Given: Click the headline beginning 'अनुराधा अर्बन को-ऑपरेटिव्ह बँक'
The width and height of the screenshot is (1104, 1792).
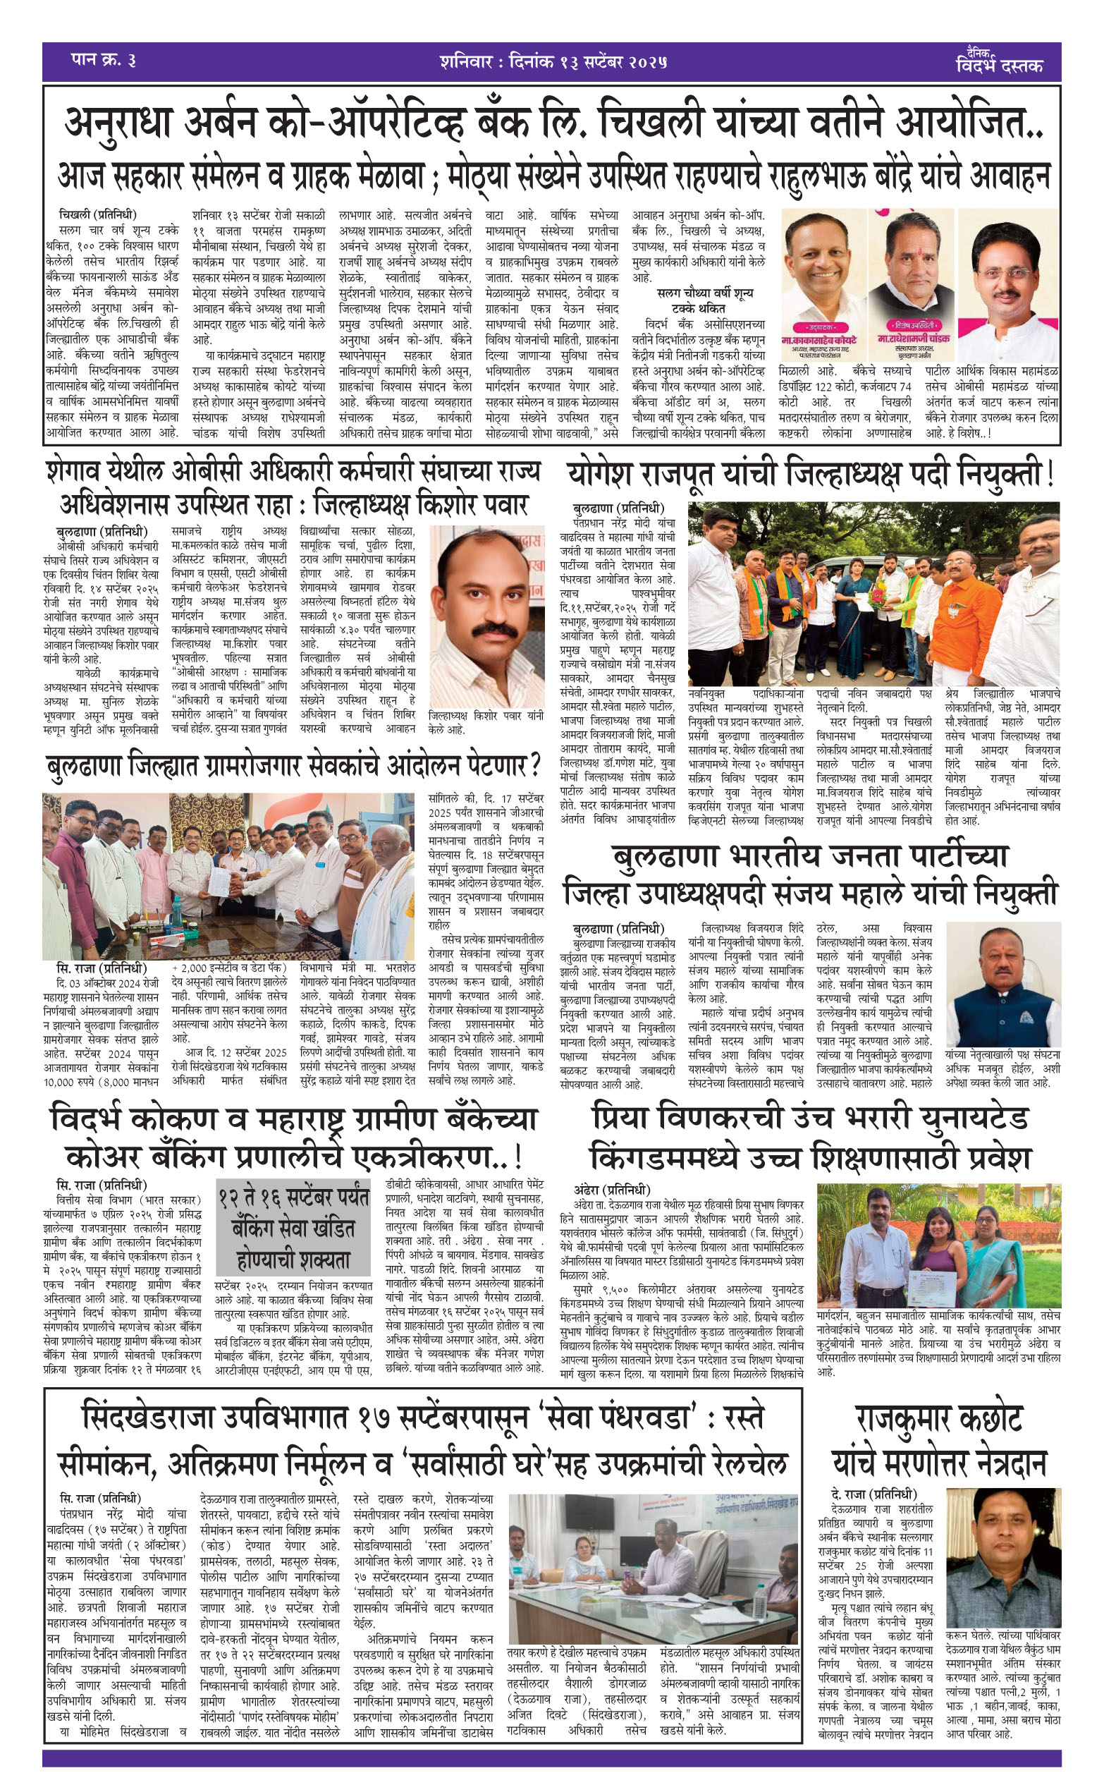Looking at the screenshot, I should pos(553,123).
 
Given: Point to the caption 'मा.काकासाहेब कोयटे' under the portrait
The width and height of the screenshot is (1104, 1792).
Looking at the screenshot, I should pos(818,341).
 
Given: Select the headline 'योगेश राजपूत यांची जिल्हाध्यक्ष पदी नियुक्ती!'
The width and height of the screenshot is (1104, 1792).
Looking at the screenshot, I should pos(810,476).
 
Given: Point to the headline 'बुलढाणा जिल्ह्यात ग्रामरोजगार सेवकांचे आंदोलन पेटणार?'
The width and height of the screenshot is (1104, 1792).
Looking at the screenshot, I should pos(293,766).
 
